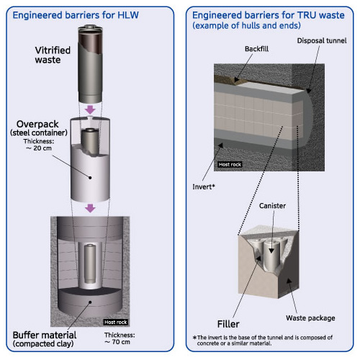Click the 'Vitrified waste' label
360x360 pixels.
(x=53, y=55)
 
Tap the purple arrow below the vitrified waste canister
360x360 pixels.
(x=90, y=109)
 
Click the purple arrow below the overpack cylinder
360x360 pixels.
(x=90, y=208)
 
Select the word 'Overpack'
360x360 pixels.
(x=37, y=124)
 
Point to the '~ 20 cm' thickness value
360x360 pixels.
(x=39, y=148)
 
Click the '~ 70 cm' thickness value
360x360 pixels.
(x=117, y=342)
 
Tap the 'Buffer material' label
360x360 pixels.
(x=45, y=335)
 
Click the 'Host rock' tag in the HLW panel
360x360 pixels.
(x=115, y=322)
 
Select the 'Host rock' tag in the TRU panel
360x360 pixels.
(x=230, y=164)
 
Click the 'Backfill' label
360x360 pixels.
(x=256, y=49)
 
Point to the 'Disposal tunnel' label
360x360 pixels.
(x=322, y=41)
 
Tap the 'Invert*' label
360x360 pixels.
(x=204, y=186)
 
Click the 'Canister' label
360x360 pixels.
(x=272, y=206)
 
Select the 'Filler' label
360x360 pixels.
(x=228, y=324)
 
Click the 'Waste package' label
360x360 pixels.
(x=310, y=318)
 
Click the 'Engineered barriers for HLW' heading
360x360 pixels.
(x=76, y=15)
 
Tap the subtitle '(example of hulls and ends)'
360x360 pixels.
(x=246, y=25)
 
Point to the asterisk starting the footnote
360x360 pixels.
(x=194, y=337)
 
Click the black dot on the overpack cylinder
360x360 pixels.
(x=90, y=178)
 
